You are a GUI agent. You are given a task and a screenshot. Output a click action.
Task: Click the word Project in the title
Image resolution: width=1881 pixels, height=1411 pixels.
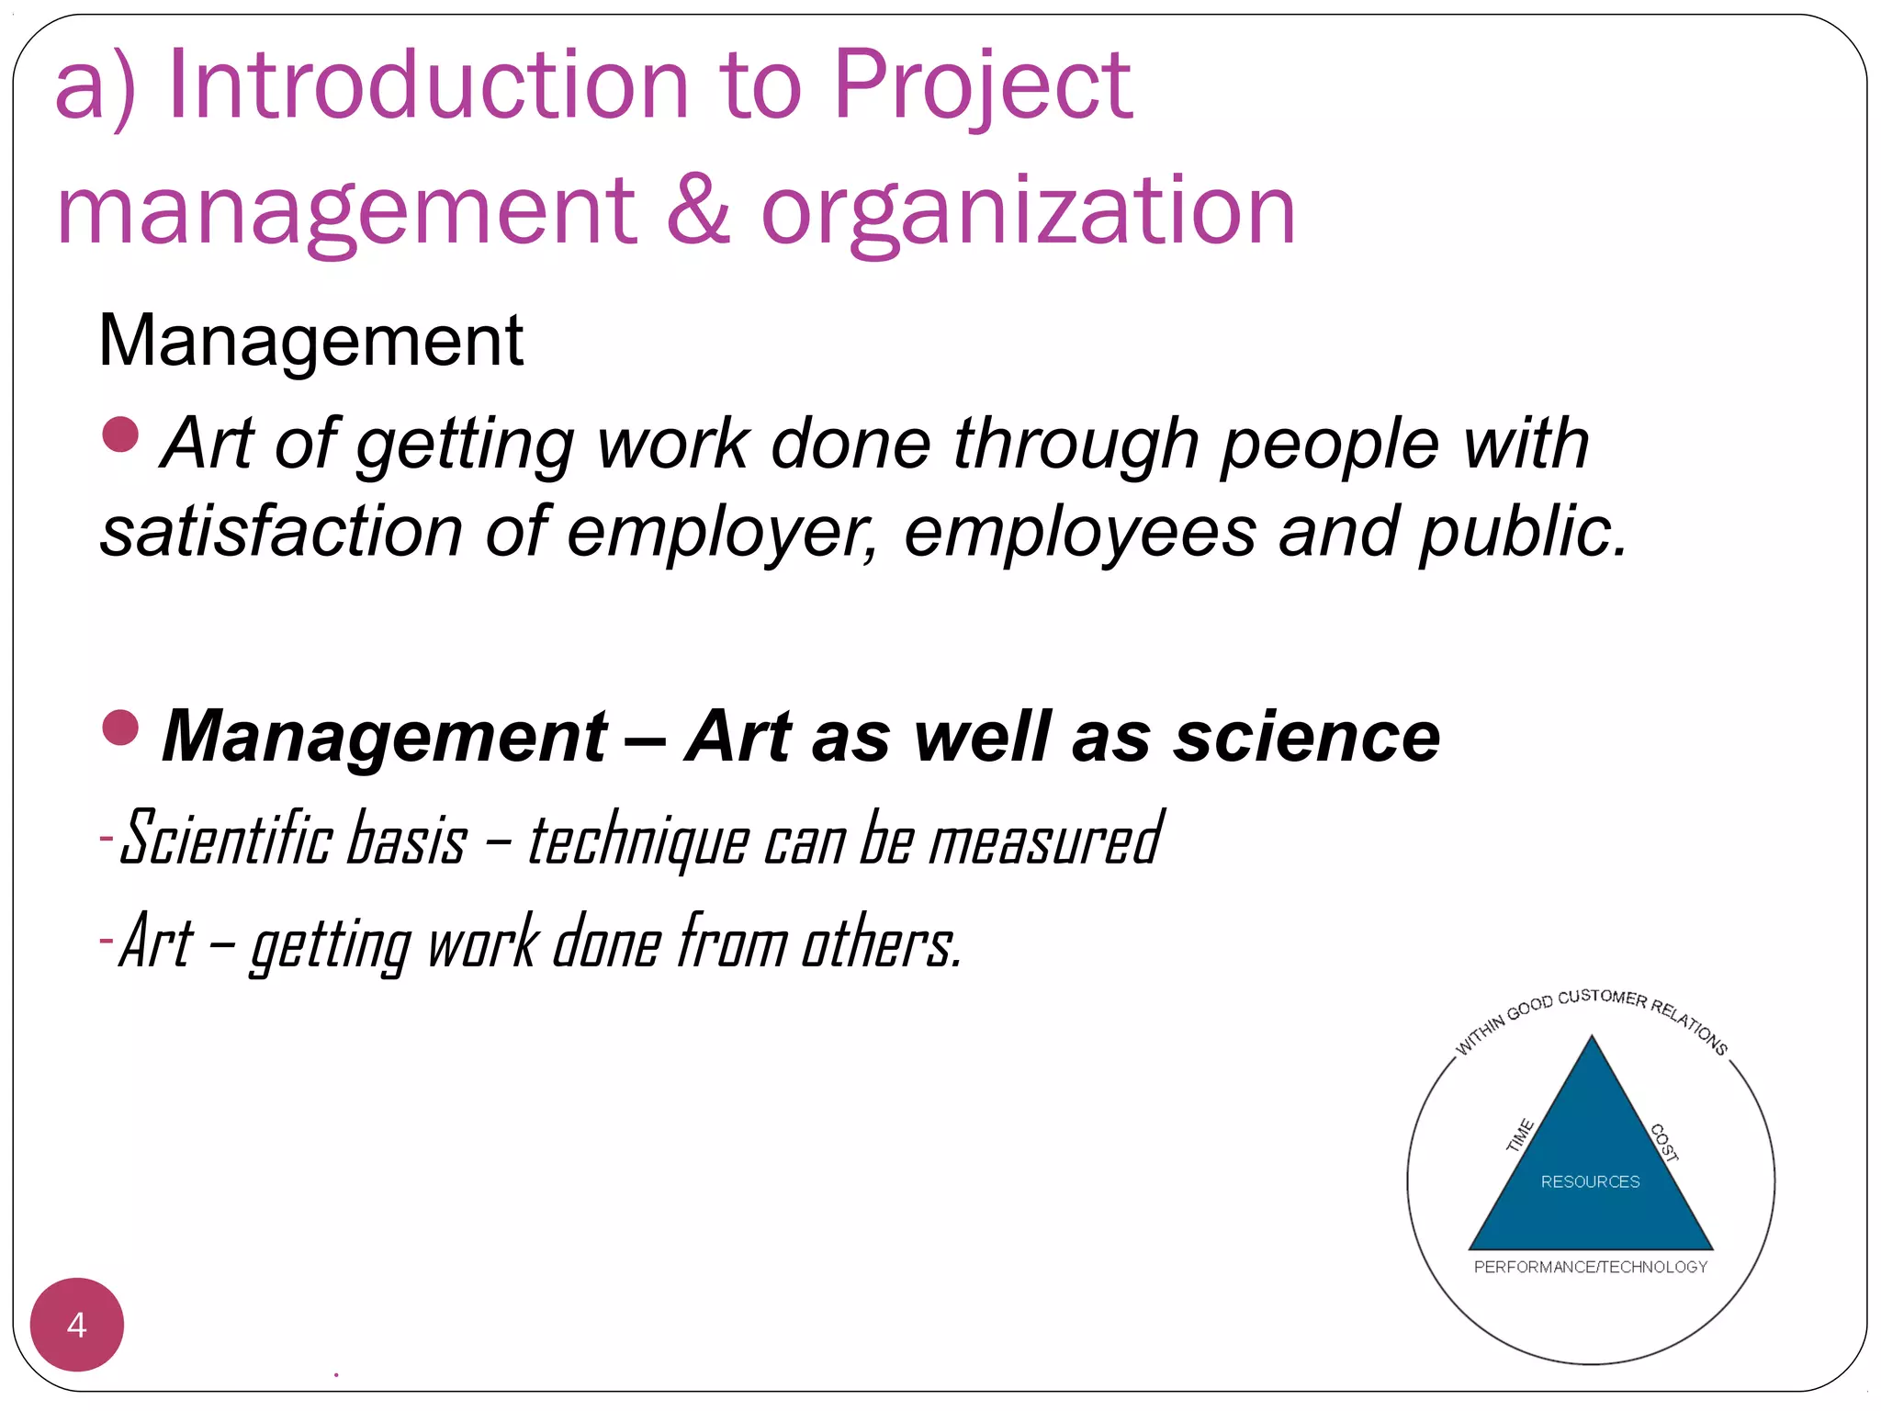983,87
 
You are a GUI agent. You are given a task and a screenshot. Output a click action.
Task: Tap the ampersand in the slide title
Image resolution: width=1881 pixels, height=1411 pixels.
698,210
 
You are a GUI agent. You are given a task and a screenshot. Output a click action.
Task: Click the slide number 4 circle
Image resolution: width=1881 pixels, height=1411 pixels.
77,1325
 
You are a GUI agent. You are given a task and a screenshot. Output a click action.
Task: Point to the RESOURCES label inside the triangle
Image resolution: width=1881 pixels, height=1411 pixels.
1590,1182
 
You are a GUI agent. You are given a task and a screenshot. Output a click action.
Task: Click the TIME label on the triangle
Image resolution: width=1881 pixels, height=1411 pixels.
1520,1135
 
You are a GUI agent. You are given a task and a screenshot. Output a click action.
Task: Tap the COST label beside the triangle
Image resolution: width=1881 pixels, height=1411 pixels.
1664,1143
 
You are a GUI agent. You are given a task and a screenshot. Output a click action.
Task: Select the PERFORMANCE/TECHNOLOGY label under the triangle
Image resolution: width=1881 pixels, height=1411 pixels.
1590,1268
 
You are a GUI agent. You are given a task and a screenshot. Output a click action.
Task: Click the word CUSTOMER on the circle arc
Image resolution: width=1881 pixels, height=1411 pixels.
1603,998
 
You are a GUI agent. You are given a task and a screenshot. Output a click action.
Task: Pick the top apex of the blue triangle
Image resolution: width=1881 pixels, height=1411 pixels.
1592,1038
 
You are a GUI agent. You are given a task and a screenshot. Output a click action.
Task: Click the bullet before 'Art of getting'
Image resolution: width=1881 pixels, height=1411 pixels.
120,435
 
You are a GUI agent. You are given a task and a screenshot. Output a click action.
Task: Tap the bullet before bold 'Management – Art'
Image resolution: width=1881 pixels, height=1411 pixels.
120,728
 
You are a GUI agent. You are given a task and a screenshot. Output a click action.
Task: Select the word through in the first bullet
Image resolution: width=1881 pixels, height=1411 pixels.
1076,445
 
